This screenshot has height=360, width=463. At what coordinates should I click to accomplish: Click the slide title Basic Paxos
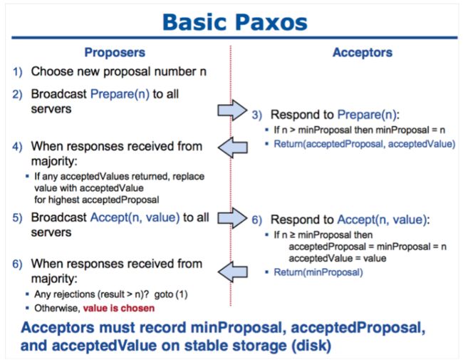235,23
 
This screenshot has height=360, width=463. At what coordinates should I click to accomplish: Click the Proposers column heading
115,53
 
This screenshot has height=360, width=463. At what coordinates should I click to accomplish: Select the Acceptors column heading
363,52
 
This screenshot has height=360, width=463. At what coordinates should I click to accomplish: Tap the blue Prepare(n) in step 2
120,94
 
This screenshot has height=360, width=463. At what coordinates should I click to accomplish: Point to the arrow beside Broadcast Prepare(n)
232,110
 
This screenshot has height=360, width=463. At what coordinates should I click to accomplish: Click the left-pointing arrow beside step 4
233,147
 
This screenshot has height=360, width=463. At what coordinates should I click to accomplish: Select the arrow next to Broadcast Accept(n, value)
232,218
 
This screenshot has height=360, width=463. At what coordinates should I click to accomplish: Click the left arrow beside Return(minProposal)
233,272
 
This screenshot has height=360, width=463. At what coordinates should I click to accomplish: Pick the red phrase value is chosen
119,308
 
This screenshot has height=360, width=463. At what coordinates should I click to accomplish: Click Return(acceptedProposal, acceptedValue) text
365,144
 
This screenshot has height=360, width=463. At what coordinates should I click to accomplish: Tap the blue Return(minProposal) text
318,272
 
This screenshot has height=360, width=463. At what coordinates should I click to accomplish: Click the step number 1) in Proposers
17,72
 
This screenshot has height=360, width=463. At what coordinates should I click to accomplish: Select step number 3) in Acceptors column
256,115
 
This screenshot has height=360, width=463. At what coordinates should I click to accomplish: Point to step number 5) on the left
17,218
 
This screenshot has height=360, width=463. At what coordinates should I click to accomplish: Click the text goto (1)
171,294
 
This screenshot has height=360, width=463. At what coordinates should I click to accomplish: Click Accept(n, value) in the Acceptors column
382,220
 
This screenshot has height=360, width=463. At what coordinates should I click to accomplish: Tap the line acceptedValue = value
338,258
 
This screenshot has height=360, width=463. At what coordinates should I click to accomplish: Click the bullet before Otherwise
27,308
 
